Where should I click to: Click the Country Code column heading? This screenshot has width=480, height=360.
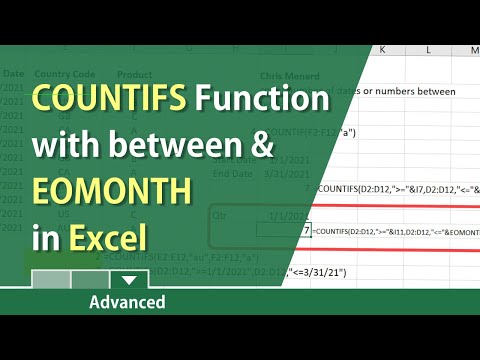tap(65, 73)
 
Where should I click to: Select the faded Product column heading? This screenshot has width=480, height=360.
tap(135, 73)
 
